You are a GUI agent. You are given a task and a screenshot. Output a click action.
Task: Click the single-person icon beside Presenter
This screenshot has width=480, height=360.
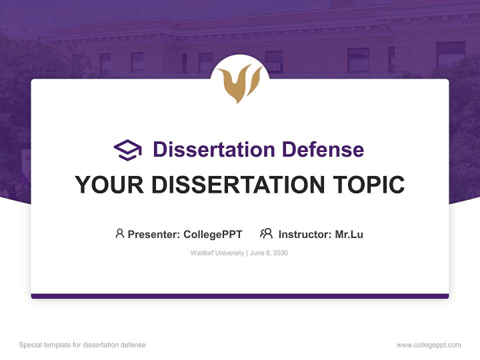[x=119, y=233]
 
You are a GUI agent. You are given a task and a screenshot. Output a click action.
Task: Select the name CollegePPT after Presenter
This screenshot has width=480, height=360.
[x=213, y=234]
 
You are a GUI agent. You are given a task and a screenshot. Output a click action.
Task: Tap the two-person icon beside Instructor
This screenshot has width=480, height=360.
[x=266, y=233]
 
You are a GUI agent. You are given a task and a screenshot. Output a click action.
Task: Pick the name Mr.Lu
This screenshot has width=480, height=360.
[x=349, y=234]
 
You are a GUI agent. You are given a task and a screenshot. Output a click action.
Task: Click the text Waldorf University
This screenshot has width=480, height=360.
[x=217, y=253]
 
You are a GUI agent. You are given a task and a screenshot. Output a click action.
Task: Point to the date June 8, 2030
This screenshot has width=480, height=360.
[x=268, y=253]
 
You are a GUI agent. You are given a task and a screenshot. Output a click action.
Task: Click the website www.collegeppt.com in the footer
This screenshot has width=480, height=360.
[x=428, y=345]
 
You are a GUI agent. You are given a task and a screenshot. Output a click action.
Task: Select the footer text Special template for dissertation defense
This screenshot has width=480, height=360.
[x=82, y=345]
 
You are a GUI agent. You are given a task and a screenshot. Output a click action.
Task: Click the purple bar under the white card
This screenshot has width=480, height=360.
[x=240, y=296]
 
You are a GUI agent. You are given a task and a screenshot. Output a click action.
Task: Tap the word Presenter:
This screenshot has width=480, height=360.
[x=154, y=234]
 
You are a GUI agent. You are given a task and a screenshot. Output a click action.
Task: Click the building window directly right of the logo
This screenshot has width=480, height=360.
[x=274, y=61]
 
